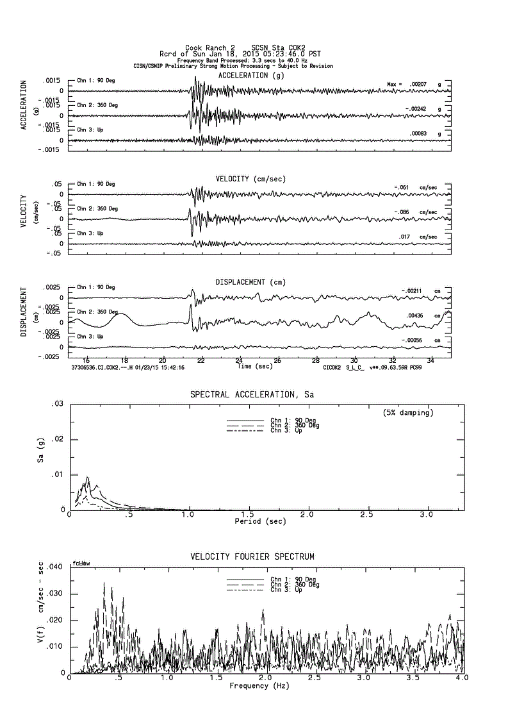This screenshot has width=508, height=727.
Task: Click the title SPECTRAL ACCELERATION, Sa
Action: [252, 394]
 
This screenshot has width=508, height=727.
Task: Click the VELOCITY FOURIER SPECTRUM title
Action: [252, 556]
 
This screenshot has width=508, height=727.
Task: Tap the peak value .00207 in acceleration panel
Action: [418, 84]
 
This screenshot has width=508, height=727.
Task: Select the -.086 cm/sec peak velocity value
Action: [404, 212]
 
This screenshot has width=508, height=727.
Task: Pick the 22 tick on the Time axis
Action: [202, 360]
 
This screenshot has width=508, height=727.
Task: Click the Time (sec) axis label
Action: [254, 367]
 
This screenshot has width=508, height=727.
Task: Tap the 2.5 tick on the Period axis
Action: [367, 515]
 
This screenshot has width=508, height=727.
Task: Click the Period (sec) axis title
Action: [260, 522]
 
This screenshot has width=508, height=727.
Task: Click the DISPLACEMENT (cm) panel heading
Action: [250, 282]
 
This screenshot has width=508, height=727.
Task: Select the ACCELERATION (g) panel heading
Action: [251, 75]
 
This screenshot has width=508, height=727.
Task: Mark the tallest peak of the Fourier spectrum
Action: [104, 583]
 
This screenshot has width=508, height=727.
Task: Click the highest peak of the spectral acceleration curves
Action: [87, 478]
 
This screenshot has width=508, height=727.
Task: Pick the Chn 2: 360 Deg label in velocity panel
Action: [96, 208]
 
